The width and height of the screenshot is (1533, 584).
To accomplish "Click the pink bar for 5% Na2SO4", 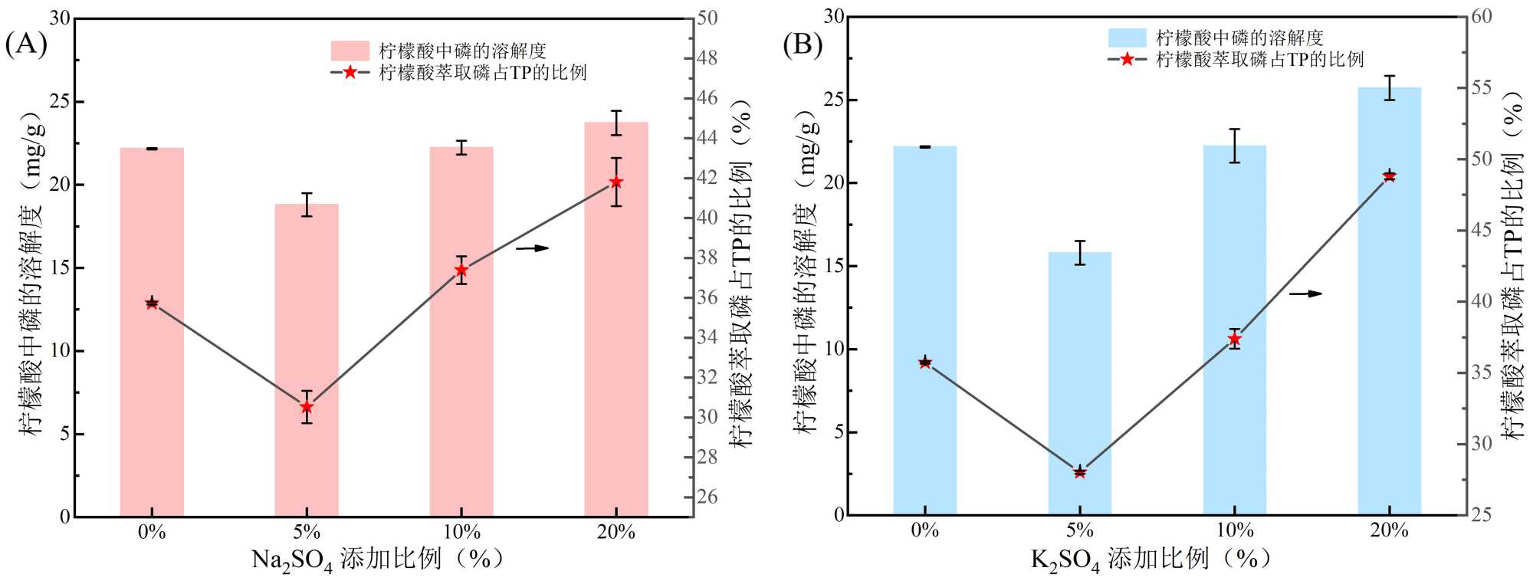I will (307, 360).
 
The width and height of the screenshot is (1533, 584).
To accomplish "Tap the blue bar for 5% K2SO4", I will (1079, 383).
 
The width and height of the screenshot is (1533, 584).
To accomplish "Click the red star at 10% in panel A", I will (461, 270).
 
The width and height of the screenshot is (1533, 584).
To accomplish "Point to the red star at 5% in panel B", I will (1079, 472).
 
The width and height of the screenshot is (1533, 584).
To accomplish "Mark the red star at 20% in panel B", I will (1389, 176).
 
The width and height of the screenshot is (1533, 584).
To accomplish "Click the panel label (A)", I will (26, 44).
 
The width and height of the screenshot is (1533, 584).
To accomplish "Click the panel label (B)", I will (803, 44).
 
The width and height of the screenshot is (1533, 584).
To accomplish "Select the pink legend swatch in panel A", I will (350, 51).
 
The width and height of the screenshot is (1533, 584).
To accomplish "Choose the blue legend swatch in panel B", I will (1127, 38).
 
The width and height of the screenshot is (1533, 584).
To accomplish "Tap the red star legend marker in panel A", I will (350, 72).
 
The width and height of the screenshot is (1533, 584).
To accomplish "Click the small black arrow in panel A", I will (533, 248).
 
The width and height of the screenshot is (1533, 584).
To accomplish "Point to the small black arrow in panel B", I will (1306, 294).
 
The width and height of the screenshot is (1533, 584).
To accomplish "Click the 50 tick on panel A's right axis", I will (707, 18).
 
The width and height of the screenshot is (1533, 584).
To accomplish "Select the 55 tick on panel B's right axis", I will (1482, 87).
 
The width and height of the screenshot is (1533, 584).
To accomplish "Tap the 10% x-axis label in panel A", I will (461, 532).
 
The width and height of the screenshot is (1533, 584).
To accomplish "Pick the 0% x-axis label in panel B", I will (925, 530).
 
